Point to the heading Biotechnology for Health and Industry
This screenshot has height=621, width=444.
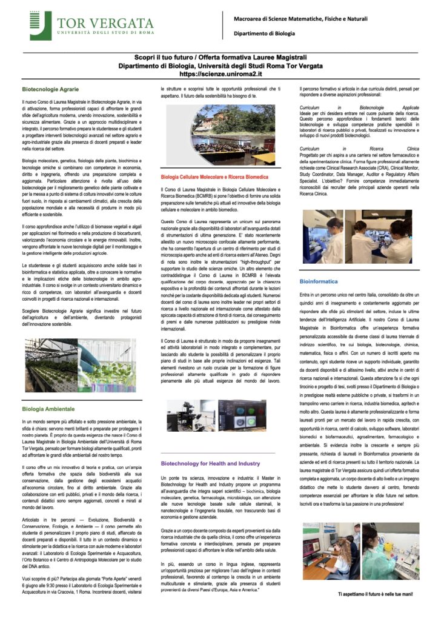(210, 463)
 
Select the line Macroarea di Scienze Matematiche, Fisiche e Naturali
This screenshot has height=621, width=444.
(300, 19)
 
